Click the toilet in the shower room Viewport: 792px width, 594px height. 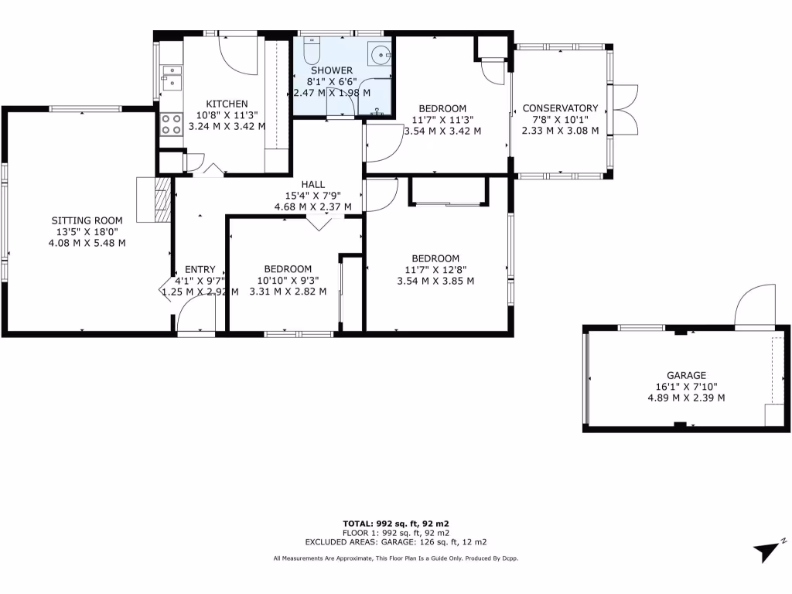coord(312,51)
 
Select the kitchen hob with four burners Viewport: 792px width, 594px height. coord(170,125)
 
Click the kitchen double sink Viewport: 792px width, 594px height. coord(171,77)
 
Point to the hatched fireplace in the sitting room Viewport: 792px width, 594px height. coord(160,200)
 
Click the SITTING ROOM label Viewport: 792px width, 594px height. coord(87,219)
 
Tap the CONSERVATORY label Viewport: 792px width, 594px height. coord(560,108)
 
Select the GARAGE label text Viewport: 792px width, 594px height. coord(687,375)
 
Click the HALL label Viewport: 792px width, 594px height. coord(312,184)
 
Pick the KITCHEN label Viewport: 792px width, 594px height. coord(227,104)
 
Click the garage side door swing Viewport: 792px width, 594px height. coord(754,307)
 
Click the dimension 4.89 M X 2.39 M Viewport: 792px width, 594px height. coord(687,398)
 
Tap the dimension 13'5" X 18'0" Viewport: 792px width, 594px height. coord(87,230)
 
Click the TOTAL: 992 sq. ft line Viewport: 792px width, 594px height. coord(395,523)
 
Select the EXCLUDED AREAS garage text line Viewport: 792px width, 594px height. coord(395,542)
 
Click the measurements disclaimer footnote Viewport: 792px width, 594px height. coord(395,558)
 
